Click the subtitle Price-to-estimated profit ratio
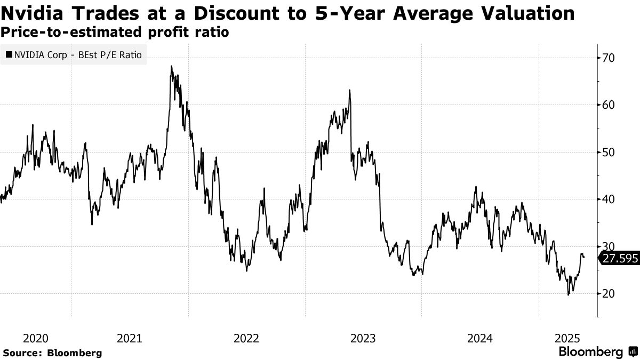click(x=115, y=32)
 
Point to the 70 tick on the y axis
click(x=609, y=58)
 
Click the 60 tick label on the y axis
click(x=609, y=105)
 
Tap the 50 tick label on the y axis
click(x=609, y=152)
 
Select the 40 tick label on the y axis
click(x=609, y=199)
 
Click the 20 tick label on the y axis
click(x=609, y=293)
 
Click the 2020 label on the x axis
click(x=36, y=338)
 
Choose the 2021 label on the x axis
click(x=129, y=338)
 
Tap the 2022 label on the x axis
click(x=246, y=338)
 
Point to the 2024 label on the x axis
click(x=480, y=338)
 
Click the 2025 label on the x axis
click(x=567, y=338)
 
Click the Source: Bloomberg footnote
click(x=52, y=353)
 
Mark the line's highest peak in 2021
click(x=171, y=66)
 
